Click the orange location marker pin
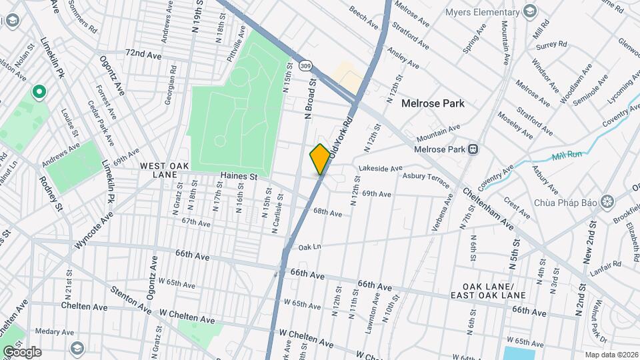point(320,159)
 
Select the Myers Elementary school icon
point(530,12)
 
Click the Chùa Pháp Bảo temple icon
point(607,201)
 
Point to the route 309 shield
point(305,65)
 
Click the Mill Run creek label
point(566,157)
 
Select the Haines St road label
point(239,177)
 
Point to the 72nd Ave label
point(143,53)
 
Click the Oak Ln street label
point(310,247)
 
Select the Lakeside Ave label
point(381,169)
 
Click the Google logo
point(22,351)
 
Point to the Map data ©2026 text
point(611,354)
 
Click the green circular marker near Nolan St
point(39,92)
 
